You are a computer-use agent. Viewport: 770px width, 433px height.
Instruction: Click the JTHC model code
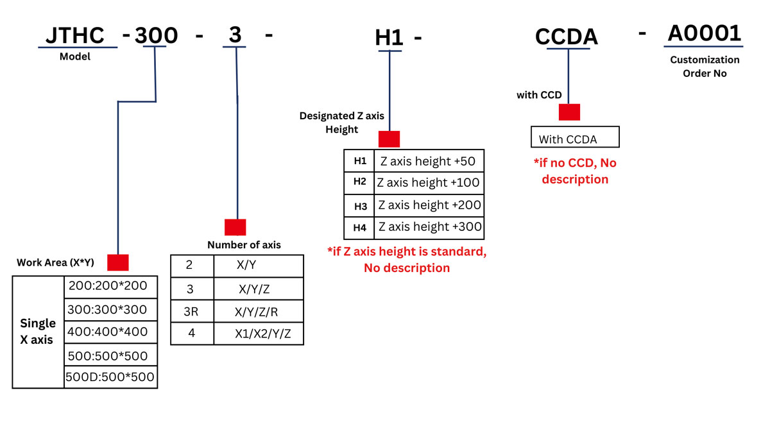[75, 36]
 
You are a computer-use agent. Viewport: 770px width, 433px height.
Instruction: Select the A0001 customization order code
[705, 33]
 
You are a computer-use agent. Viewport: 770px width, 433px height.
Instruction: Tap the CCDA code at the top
[567, 37]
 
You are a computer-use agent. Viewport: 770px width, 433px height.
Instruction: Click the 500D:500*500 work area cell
[110, 377]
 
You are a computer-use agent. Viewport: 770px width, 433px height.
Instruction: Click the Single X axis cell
[38, 332]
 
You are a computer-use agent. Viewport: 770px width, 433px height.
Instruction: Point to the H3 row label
[360, 206]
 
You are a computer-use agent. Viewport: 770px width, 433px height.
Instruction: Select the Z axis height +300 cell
[430, 227]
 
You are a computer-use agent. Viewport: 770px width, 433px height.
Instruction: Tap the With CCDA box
[575, 139]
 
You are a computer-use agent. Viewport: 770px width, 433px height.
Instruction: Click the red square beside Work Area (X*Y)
[118, 262]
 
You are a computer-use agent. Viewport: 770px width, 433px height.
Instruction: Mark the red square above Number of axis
[235, 227]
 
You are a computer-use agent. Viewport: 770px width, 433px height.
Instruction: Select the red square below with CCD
[569, 112]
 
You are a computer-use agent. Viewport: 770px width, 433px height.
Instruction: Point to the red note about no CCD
[575, 171]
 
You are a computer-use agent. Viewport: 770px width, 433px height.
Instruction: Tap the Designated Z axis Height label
[342, 123]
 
